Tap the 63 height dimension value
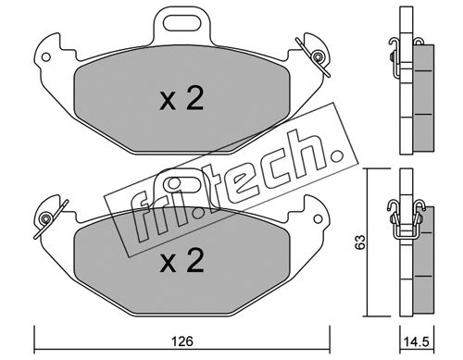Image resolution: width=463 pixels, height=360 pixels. (x=359, y=242)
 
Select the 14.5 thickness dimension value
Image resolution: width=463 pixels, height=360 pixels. (x=416, y=341)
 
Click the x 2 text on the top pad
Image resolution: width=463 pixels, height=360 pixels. (x=181, y=98)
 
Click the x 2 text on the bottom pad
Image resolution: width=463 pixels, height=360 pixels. (x=181, y=260)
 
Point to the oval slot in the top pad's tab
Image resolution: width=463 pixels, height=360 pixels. (x=182, y=23)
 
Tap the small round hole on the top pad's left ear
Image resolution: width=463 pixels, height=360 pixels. (x=46, y=57)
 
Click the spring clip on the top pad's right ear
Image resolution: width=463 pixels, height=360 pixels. (x=314, y=57)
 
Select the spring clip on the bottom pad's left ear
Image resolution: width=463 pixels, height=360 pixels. (x=49, y=218)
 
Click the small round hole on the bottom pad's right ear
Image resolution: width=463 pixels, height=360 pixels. (x=318, y=219)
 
